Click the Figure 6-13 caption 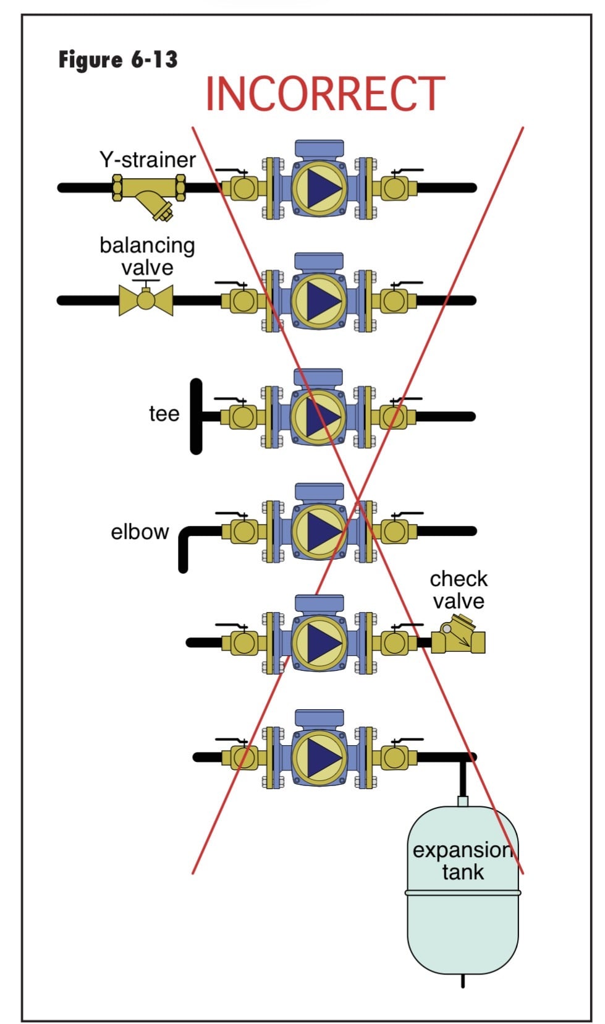(x=118, y=60)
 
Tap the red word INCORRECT (x=325, y=94)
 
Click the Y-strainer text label (x=148, y=160)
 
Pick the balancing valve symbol (x=146, y=300)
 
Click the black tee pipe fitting (x=197, y=416)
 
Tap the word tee (x=164, y=414)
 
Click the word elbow (x=140, y=532)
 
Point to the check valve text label (x=459, y=590)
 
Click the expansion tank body (x=462, y=921)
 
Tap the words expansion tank (x=462, y=861)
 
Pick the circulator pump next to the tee (x=319, y=413)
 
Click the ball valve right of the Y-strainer (x=243, y=187)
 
